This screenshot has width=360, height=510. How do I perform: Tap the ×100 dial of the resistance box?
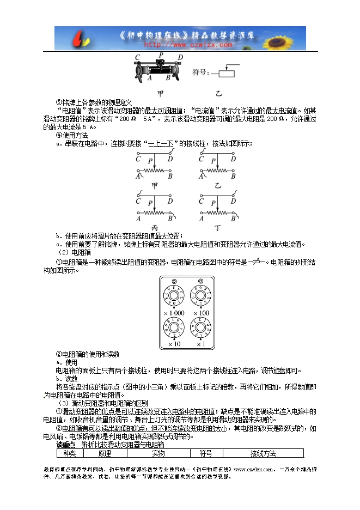click(201, 297)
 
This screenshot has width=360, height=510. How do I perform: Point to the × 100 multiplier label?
click(201, 313)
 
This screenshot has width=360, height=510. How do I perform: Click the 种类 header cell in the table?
click(70, 453)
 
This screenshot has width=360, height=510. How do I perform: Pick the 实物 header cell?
click(158, 453)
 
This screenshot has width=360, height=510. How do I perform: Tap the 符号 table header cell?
click(205, 453)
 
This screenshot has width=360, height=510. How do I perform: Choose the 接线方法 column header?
click(263, 453)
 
